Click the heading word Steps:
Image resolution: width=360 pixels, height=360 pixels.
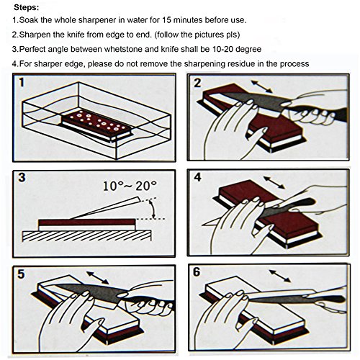(x=27, y=7)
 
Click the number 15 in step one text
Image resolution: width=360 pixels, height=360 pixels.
(x=166, y=20)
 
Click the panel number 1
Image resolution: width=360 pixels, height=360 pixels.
(x=22, y=83)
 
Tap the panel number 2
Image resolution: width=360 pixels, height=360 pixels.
(x=197, y=83)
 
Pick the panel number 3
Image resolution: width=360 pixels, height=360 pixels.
(x=22, y=178)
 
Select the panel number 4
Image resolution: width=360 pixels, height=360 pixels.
(x=197, y=177)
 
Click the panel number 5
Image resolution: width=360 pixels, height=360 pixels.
(x=21, y=274)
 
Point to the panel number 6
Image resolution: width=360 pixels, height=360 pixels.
(x=197, y=272)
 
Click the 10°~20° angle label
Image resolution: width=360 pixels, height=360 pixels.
(x=130, y=186)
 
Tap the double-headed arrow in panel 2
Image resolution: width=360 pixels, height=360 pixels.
(x=261, y=86)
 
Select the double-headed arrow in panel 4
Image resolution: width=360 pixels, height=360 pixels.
(x=274, y=182)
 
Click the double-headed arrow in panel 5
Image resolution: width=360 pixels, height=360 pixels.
(x=97, y=278)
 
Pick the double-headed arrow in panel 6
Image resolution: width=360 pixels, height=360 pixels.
(x=280, y=276)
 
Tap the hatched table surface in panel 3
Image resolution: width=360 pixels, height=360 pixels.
(x=86, y=236)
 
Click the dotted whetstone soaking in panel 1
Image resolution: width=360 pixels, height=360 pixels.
(x=96, y=125)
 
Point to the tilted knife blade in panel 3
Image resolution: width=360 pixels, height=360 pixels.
(x=106, y=207)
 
